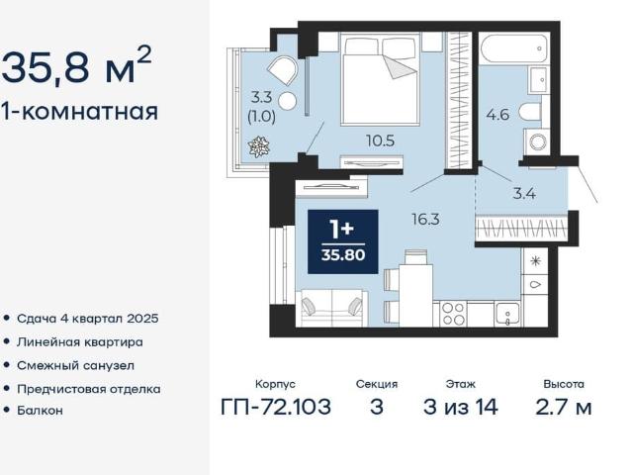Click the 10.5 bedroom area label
(380, 141)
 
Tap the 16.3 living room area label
(425, 220)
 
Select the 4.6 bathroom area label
(497, 115)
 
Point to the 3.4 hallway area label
(524, 194)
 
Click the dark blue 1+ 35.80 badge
(343, 241)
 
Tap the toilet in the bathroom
(530, 112)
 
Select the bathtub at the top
(514, 48)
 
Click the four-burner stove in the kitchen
(453, 314)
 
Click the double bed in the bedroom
(380, 78)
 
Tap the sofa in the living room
(331, 308)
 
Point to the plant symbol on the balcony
(259, 146)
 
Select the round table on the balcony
(287, 101)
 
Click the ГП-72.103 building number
(276, 407)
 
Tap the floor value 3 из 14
(461, 407)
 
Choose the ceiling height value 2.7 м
(564, 407)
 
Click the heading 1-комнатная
(79, 111)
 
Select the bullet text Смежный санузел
(75, 366)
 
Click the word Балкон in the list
(40, 411)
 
